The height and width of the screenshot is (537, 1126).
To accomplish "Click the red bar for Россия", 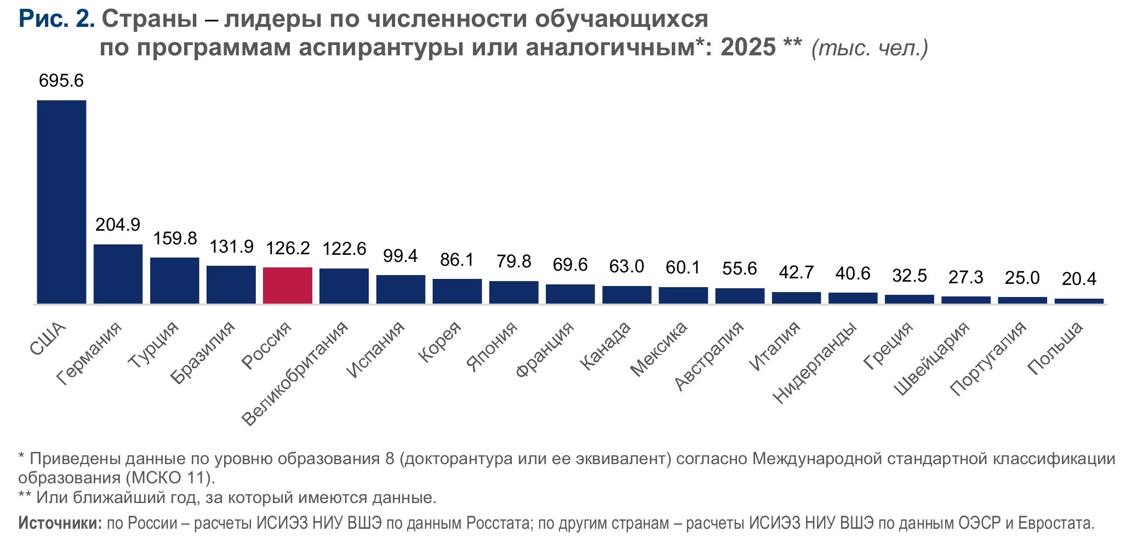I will [x=288, y=285].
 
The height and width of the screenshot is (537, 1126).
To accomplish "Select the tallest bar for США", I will [x=61, y=202].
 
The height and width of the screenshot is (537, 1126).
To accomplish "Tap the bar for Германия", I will [x=118, y=274].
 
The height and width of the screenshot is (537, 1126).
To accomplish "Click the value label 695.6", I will [x=61, y=81].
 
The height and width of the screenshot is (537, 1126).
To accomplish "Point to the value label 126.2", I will [x=288, y=248].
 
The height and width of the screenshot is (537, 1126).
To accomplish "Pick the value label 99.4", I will [x=401, y=256].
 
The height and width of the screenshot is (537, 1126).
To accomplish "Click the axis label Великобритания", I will [x=295, y=374].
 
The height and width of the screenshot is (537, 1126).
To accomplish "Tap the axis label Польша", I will [x=1055, y=349].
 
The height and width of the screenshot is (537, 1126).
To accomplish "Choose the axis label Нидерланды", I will [x=815, y=363].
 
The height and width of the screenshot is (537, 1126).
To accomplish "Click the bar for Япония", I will [x=513, y=292].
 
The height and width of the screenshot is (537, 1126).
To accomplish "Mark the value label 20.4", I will [x=1079, y=279].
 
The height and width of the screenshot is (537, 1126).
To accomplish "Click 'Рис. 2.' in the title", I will [x=56, y=19].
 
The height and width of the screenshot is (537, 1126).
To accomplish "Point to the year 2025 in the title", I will [x=748, y=48].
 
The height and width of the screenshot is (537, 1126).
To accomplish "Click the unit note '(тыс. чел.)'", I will [x=870, y=48].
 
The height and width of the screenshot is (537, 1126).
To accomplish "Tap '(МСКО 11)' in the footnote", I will [x=170, y=478].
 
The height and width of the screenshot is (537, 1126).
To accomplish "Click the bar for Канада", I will [x=627, y=295].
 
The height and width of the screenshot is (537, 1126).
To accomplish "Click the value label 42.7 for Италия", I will [x=796, y=272].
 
